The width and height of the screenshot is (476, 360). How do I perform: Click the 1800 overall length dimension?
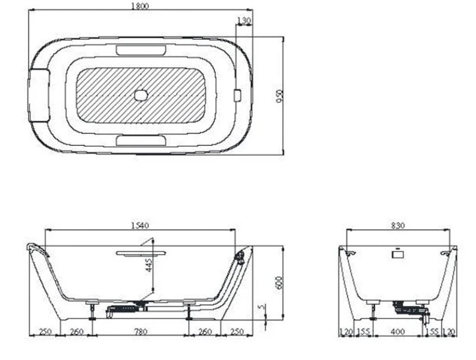[x=140, y=6]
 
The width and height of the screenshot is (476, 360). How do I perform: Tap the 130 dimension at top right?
[x=244, y=20]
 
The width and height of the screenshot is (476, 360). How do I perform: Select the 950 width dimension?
[x=280, y=96]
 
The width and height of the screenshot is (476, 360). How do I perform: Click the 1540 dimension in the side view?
[x=140, y=226]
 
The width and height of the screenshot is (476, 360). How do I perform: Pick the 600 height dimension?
[x=279, y=283]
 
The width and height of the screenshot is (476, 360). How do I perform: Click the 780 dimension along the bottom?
[x=140, y=331]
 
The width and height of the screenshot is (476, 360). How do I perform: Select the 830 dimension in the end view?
[x=397, y=226]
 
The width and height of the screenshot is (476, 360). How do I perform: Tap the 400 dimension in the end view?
[x=397, y=331]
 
